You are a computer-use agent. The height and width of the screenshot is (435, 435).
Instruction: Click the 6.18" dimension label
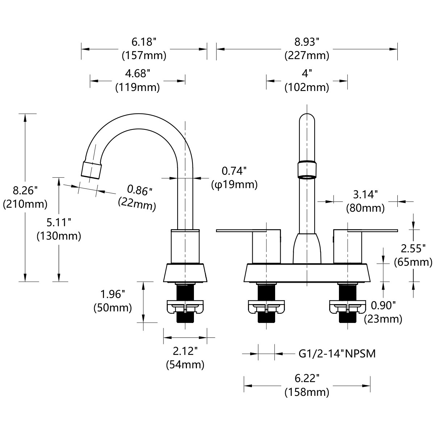144,42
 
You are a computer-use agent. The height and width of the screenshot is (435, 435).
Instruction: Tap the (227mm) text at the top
307,55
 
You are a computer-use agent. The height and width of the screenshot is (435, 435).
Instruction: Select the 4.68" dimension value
137,74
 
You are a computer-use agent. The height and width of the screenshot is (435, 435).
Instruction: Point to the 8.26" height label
25,190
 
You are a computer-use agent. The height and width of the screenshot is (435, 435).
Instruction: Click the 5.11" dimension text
59,222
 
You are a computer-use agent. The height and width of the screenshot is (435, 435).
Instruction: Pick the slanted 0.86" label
140,190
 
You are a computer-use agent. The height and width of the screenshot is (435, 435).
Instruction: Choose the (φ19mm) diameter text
234,185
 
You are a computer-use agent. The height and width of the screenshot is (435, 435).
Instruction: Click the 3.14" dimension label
365,194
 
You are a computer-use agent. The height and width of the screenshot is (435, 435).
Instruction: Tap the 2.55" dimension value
413,248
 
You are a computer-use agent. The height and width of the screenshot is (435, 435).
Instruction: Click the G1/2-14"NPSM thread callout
337,353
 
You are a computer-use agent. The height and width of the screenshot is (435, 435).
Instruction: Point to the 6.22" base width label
307,378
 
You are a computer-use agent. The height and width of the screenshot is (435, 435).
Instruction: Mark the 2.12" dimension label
185,351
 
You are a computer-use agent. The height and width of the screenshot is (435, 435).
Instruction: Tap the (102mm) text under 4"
307,87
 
